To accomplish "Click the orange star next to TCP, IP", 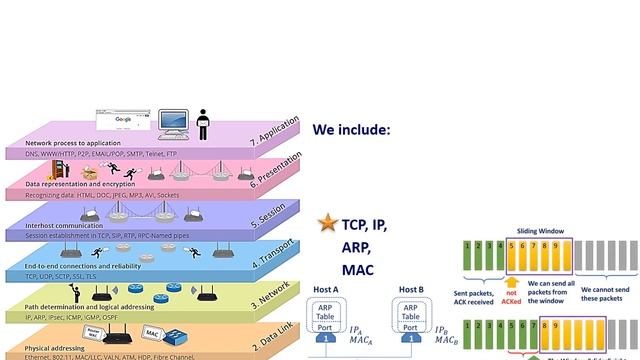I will [x=325, y=224].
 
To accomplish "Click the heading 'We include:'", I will [x=351, y=130].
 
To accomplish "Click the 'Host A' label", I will [x=326, y=290].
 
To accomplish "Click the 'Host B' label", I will [x=412, y=290].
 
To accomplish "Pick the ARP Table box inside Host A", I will [x=326, y=311].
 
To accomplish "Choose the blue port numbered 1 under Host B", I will [x=412, y=339].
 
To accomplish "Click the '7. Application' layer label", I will [x=277, y=134].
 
